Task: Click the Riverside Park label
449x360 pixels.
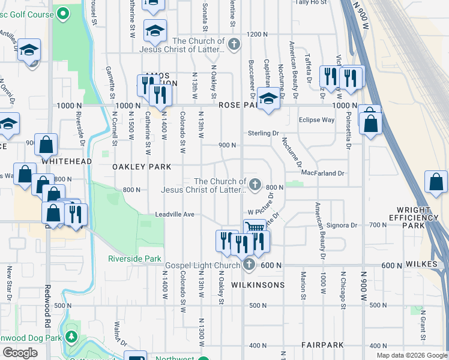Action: click(x=135, y=259)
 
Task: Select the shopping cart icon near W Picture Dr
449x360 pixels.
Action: click(x=255, y=227)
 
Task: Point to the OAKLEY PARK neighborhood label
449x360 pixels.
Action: click(x=142, y=167)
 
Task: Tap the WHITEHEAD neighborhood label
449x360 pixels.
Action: click(x=67, y=161)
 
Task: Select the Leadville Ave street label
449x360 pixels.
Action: click(x=175, y=214)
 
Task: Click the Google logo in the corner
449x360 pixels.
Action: click(x=20, y=353)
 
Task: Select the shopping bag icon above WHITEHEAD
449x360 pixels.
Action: click(x=46, y=145)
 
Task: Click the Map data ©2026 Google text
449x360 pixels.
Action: click(x=411, y=355)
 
